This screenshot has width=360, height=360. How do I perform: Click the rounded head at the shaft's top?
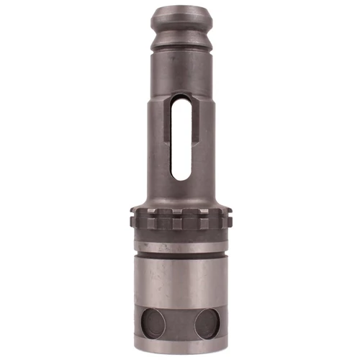coord(180,19)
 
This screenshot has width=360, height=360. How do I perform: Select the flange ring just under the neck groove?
coord(180,45)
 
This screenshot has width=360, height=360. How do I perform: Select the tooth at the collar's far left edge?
coord(135,216)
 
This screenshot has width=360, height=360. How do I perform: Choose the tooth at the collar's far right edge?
coord(228,216)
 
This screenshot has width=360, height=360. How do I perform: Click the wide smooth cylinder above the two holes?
coord(180,281)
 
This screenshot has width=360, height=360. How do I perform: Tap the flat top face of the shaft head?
coord(180,8)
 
